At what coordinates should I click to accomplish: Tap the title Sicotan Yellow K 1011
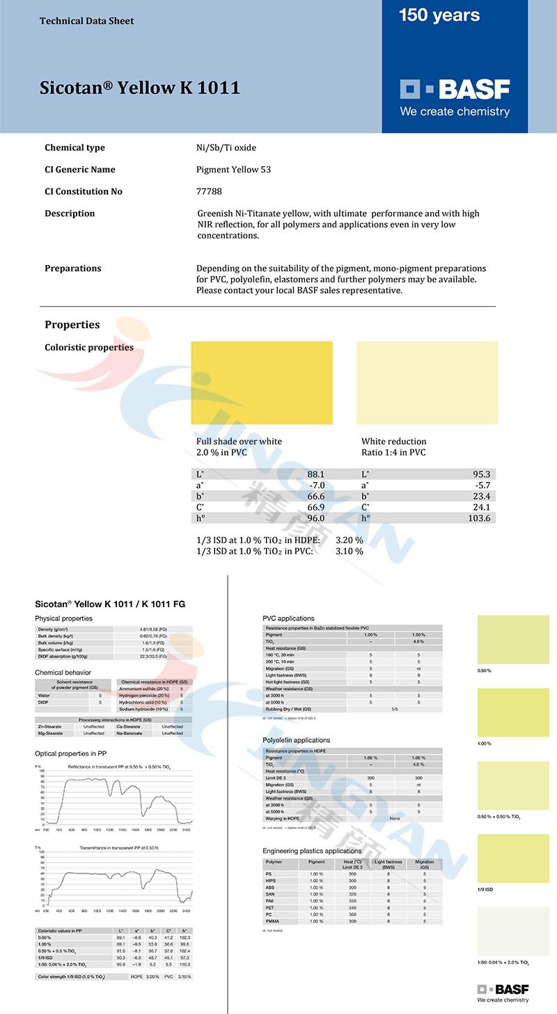pos(140,88)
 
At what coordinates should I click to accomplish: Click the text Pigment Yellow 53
pos(234,170)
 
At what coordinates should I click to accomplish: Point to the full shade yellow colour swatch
pos(262,383)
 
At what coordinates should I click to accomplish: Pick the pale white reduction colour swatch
pos(427,383)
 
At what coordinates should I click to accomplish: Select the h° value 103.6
pos(480,518)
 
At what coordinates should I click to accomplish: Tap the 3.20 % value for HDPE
pos(350,540)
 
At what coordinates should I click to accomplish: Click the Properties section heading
pos(72,325)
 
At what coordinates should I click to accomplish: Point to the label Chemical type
pos(74,147)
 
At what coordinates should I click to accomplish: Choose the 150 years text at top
pos(439,15)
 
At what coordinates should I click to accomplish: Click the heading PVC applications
pos(288,618)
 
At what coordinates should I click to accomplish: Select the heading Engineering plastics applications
pos(312,851)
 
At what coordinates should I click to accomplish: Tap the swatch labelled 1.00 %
pos(513,712)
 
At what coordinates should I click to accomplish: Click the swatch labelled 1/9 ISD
pos(513,858)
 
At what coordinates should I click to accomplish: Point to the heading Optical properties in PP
pos(71,753)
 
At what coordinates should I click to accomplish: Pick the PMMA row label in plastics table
pos(274,921)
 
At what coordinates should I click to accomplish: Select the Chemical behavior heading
pos(63,673)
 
